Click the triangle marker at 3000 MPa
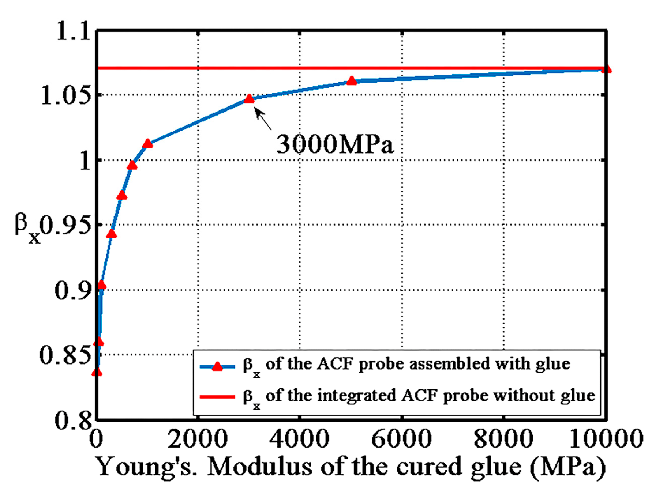[x=249, y=99]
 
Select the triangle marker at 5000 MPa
[x=351, y=81]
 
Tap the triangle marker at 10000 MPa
[x=606, y=69]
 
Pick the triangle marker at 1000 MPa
[x=147, y=144]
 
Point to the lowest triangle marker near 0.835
[x=97, y=372]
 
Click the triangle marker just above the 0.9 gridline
[x=102, y=285]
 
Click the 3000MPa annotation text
[x=335, y=144]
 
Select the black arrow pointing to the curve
[x=263, y=118]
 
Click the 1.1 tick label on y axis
[x=73, y=31]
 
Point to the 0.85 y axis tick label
[x=65, y=355]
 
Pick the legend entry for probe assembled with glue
[x=406, y=365]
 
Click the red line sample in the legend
[x=217, y=396]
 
